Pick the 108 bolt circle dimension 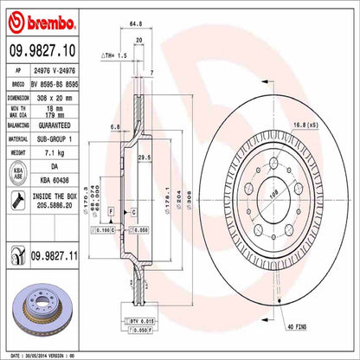click(x=275, y=196)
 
